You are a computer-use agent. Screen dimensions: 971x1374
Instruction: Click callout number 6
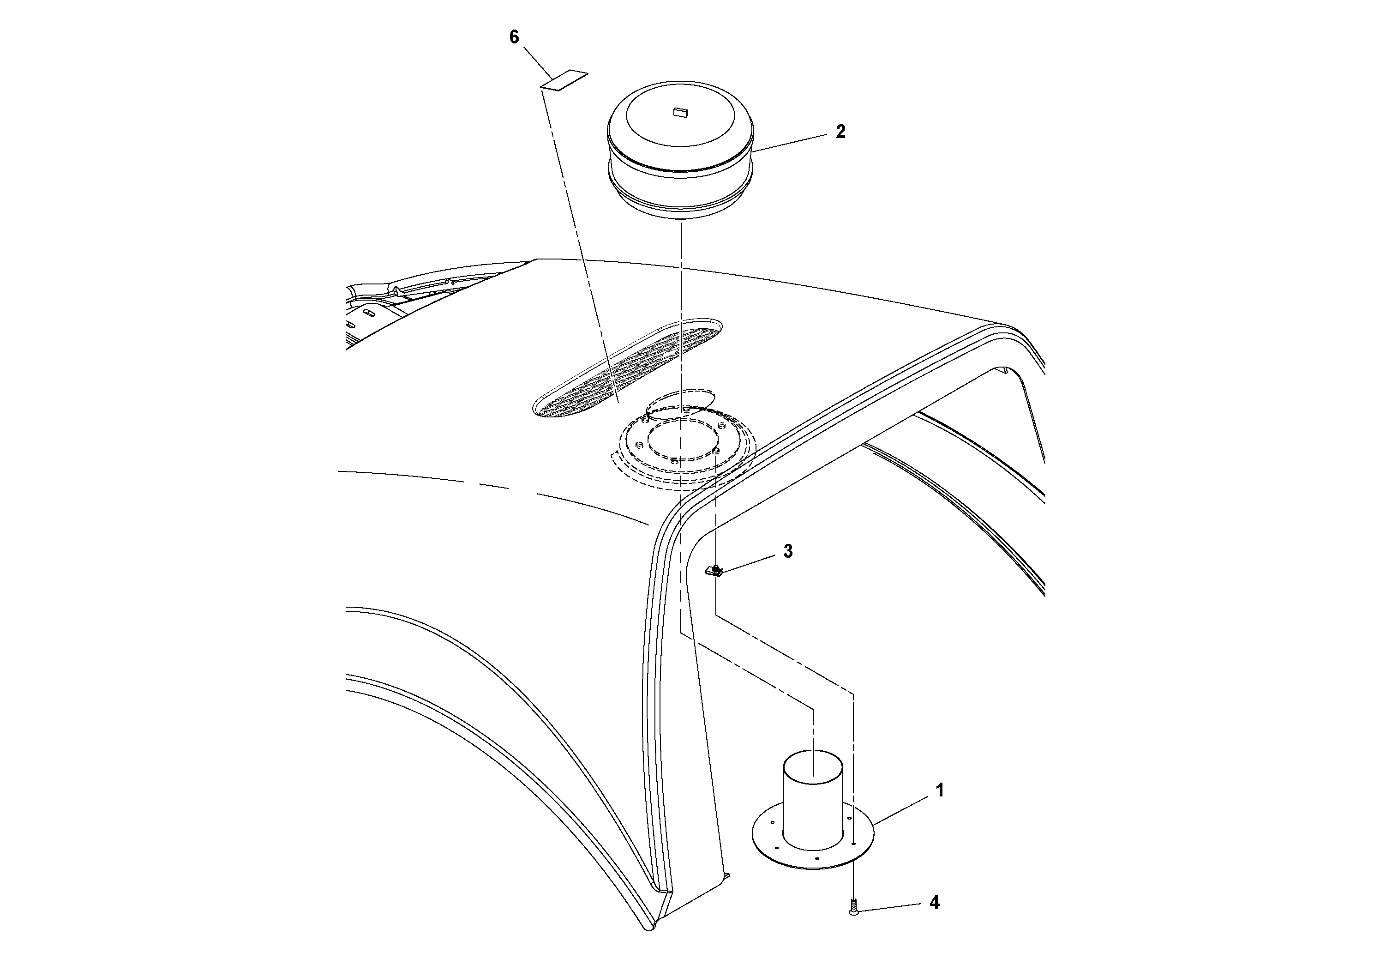coord(514,37)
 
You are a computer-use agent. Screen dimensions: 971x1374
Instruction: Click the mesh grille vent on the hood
coord(628,368)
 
